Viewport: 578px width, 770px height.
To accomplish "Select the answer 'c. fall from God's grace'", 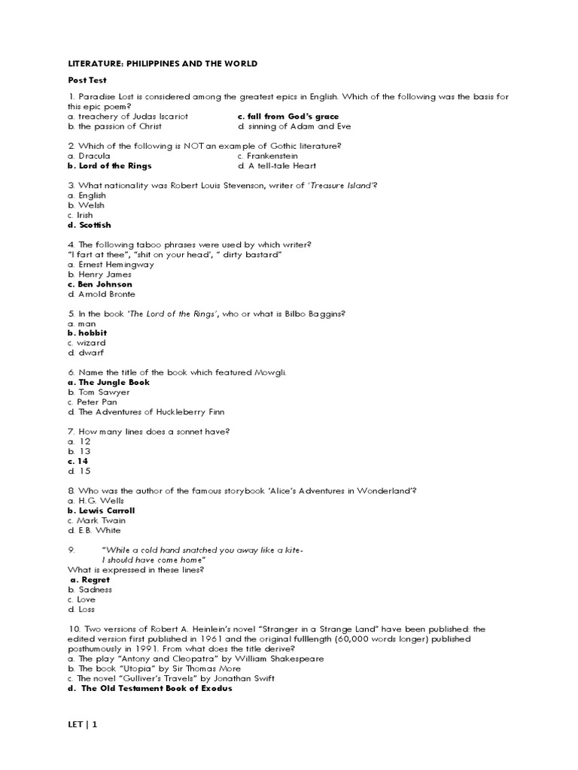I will [288, 117].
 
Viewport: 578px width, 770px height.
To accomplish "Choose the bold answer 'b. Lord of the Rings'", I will [109, 165].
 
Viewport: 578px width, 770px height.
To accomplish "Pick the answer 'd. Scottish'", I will [89, 225].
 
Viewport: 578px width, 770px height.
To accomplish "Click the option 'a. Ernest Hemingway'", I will [110, 265].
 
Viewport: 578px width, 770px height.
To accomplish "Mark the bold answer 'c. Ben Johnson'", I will [99, 284].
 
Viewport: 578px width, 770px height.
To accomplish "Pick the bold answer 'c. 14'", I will [78, 461].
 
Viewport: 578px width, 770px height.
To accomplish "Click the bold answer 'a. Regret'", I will [90, 580].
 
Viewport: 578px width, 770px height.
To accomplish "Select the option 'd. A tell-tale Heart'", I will [277, 165].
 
